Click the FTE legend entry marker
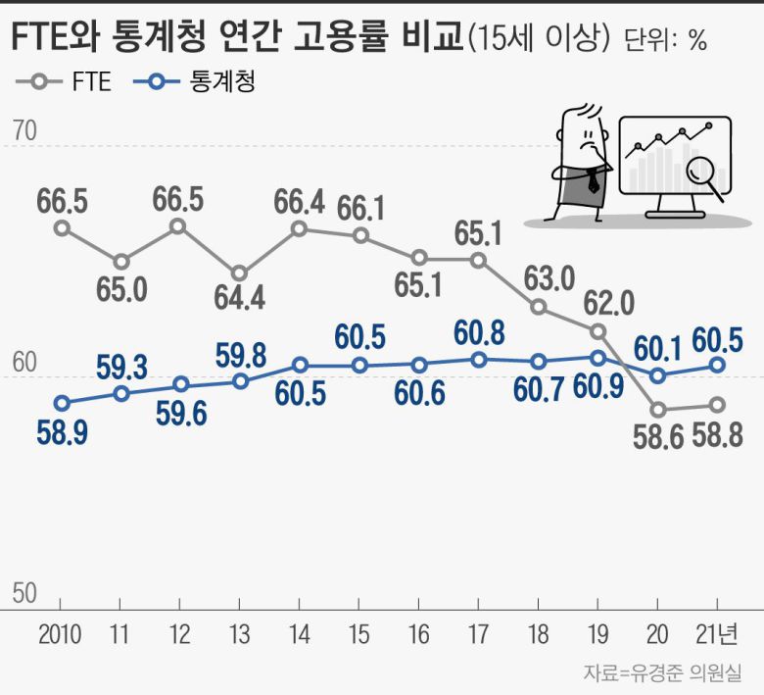coord(39,82)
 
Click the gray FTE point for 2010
coord(62,227)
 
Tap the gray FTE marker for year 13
coord(240,273)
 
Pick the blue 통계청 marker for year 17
coord(479,360)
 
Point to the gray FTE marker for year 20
coord(658,409)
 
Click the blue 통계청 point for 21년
coord(717,365)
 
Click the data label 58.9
coord(62,431)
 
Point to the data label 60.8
coord(480,332)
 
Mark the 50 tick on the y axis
coord(24,592)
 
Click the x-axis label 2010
coord(61,634)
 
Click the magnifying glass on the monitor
coord(702,174)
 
